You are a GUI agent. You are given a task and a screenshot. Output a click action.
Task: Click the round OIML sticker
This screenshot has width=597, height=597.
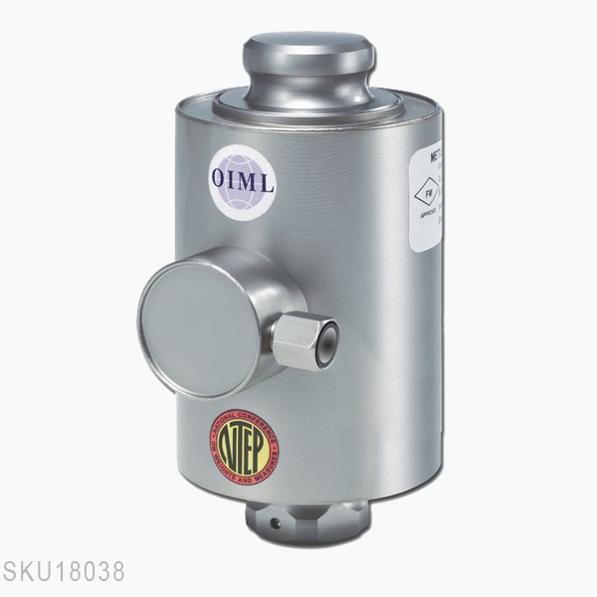tap(242, 176)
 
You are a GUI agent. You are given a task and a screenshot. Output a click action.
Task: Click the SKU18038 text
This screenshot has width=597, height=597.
tap(64, 572)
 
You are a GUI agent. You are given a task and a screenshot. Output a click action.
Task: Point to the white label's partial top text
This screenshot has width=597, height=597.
tap(433, 157)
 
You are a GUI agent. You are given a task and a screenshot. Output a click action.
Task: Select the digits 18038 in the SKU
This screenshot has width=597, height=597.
tap(91, 572)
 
